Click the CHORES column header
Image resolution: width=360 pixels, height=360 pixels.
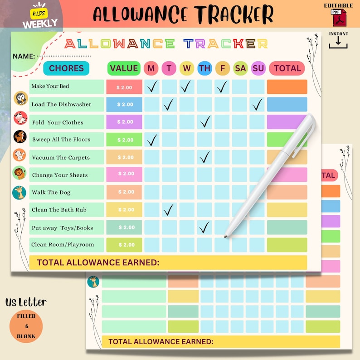66,68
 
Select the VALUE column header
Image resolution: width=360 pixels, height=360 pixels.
124,68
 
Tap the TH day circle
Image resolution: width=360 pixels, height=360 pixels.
204,68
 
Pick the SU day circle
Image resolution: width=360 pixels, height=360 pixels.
258,68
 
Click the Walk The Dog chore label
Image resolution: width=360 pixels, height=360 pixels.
51,192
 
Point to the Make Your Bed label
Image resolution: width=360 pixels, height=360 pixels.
50,86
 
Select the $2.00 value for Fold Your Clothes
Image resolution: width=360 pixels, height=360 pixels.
125,122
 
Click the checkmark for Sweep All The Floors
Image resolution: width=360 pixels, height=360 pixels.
152,139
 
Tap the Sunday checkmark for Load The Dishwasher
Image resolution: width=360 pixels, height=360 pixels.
257,105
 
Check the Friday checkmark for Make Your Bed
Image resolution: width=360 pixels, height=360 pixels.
222,86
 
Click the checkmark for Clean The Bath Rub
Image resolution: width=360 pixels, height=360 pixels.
169,209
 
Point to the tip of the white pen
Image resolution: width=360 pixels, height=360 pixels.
225,236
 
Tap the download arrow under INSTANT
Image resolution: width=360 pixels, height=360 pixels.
339,42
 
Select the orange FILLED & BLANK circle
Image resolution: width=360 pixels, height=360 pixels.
26,326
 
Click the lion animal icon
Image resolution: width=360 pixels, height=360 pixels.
19,173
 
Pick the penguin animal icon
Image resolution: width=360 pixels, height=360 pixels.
20,98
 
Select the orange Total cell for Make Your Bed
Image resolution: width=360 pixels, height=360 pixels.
287,87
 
